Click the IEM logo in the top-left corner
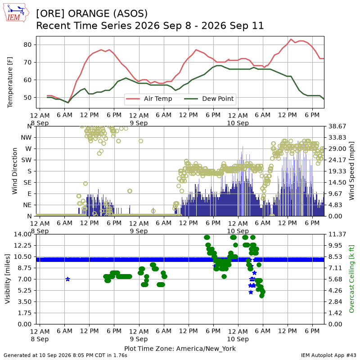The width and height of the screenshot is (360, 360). (x=16, y=13)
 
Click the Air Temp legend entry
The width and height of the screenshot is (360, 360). (x=149, y=99)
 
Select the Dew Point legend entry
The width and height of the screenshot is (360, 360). (x=209, y=99)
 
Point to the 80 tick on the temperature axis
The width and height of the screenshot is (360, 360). (x=27, y=45)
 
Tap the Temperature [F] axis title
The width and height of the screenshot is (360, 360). (x=9, y=82)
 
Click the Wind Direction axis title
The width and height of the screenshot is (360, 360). (x=14, y=171)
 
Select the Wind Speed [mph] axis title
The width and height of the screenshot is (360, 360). (x=351, y=171)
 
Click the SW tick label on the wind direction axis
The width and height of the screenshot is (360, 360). (x=26, y=160)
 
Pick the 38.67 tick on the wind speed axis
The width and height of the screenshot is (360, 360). (x=337, y=126)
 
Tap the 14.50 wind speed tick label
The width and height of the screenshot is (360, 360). (x=337, y=183)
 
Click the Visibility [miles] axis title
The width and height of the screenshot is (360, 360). (x=8, y=279)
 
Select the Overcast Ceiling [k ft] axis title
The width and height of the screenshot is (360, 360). (x=351, y=279)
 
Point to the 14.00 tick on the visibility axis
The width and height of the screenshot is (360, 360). (x=22, y=234)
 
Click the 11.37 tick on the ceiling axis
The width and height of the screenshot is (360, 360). (x=337, y=234)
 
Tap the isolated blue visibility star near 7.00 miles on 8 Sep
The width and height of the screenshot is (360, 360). (x=67, y=279)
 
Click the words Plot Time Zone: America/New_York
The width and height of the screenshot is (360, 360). (x=180, y=348)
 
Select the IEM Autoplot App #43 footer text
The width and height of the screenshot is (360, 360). (x=328, y=355)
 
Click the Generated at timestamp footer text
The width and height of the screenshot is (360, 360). (x=65, y=355)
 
